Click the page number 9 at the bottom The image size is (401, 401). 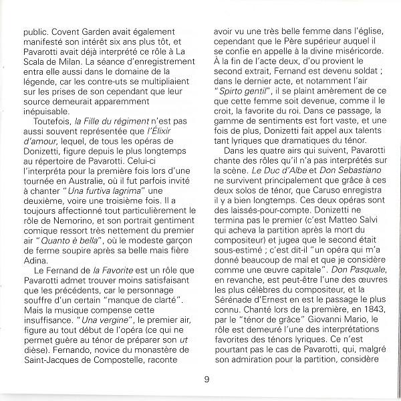coord(207,380)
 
